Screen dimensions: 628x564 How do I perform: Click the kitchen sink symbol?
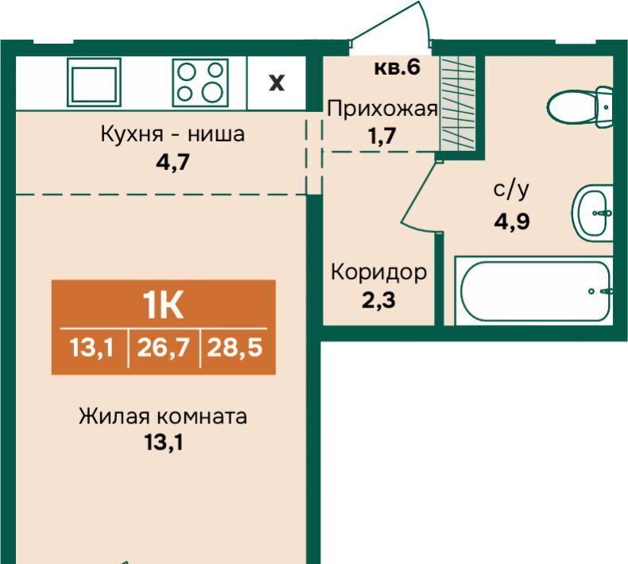pyautogui.click(x=94, y=82)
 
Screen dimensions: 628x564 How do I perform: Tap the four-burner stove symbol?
pyautogui.click(x=200, y=83)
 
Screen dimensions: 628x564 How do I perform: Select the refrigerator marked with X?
pyautogui.click(x=277, y=83)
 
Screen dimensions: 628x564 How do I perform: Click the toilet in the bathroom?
pyautogui.click(x=580, y=106)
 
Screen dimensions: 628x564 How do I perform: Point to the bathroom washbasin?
pyautogui.click(x=592, y=213)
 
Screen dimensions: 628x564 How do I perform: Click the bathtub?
pyautogui.click(x=535, y=291)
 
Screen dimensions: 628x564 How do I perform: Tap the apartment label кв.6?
pyautogui.click(x=397, y=68)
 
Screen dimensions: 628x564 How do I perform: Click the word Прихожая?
pyautogui.click(x=382, y=109)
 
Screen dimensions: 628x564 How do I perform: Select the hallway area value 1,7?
pyautogui.click(x=382, y=136)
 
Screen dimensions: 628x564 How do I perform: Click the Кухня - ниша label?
pyautogui.click(x=173, y=133)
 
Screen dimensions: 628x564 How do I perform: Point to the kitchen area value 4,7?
pyautogui.click(x=173, y=162)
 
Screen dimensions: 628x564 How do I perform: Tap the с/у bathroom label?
pyautogui.click(x=511, y=190)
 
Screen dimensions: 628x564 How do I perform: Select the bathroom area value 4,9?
pyautogui.click(x=511, y=221)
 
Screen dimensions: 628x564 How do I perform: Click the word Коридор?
pyautogui.click(x=379, y=273)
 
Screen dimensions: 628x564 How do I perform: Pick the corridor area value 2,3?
pyautogui.click(x=379, y=300)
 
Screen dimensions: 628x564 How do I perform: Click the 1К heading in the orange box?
pyautogui.click(x=164, y=305)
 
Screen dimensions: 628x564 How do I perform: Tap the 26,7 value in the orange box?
pyautogui.click(x=163, y=347)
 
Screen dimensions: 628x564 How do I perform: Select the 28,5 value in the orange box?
pyautogui.click(x=235, y=347)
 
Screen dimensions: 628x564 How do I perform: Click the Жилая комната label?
pyautogui.click(x=163, y=417)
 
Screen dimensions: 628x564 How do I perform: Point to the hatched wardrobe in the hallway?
pyautogui.click(x=457, y=103)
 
